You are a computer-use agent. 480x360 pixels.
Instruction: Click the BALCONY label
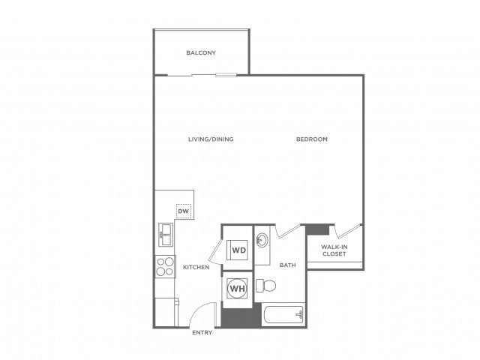coord(201,52)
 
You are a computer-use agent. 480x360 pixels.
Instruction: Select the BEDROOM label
coord(311,139)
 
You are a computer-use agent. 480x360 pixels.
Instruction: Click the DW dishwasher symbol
coord(183,211)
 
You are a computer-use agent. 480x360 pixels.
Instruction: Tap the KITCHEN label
coord(196,268)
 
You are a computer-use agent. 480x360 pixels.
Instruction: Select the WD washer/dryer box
coord(238,250)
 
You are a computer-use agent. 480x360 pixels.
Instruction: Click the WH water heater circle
coord(237,289)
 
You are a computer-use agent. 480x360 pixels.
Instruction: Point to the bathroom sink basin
coord(262,241)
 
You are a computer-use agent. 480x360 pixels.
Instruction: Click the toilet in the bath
coord(264,286)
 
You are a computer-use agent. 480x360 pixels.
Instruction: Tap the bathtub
coord(283,315)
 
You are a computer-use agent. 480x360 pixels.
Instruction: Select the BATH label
coord(288,265)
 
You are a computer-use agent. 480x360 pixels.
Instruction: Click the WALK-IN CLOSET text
coord(334,250)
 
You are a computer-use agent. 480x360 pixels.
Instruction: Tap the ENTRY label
coord(202,332)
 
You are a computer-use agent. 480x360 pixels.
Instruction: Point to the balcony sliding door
coord(226,74)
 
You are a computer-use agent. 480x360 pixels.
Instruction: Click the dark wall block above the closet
coord(318,229)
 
